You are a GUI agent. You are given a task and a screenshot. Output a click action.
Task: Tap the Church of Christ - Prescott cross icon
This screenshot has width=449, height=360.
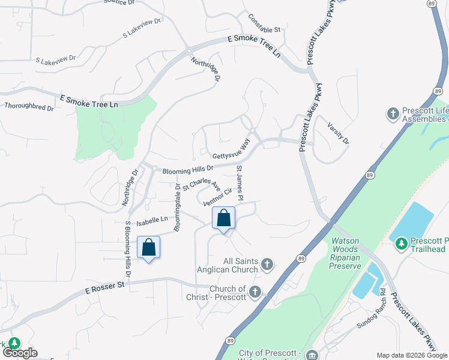click(x=255, y=292)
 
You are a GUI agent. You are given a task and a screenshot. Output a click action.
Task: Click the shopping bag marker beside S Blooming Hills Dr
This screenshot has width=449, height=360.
click(x=148, y=247)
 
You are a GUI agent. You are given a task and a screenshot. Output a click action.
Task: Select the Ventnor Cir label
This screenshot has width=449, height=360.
click(x=217, y=195)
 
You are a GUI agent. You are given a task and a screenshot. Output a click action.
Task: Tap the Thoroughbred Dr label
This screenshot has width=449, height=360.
click(x=29, y=107)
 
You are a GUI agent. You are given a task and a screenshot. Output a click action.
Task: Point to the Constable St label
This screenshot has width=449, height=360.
click(x=264, y=25)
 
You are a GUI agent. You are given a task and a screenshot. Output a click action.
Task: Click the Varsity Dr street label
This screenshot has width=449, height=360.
click(x=338, y=133)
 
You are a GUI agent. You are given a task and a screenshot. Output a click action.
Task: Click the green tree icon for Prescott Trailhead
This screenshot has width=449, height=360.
click(x=400, y=243)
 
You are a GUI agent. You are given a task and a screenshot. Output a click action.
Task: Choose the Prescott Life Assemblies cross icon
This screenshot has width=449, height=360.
click(x=393, y=113)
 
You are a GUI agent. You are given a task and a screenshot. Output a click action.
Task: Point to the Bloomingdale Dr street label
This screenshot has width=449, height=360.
click(x=177, y=208)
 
